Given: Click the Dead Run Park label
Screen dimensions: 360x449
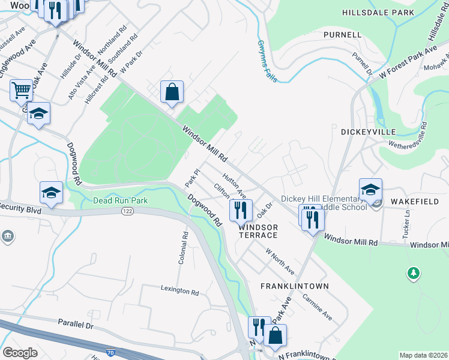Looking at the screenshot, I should [x=120, y=200].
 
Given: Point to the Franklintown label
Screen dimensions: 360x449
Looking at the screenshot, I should [x=295, y=286].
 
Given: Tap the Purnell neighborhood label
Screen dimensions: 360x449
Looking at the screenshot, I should [x=342, y=35].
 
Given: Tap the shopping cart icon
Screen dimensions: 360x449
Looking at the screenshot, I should [x=21, y=91].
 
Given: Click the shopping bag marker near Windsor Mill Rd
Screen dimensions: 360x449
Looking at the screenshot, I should [x=172, y=92].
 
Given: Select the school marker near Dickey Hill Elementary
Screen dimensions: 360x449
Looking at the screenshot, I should [x=370, y=190].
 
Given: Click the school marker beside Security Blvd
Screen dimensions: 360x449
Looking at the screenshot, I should [x=52, y=193].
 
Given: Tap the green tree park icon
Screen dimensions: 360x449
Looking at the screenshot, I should [x=413, y=274].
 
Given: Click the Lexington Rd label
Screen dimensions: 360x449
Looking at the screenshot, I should [x=179, y=292].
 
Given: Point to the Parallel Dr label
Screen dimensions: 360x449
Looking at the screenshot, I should [x=76, y=324].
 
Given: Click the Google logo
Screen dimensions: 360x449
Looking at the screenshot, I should [x=20, y=353].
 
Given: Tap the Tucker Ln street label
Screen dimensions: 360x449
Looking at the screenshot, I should [x=408, y=223].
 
